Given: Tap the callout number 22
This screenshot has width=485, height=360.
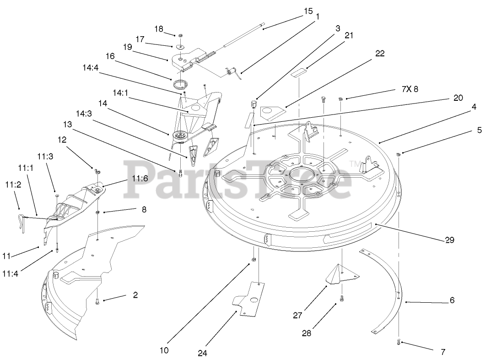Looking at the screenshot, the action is coord(380,54).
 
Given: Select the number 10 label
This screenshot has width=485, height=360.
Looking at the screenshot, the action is coord(164,350).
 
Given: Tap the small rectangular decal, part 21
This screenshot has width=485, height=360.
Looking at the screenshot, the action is coord(300,72).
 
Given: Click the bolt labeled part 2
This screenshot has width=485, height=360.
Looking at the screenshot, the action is coord(97,301).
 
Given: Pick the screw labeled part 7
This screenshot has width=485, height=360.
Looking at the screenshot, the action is coord(398,342).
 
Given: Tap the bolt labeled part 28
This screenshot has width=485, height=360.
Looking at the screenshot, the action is coord(341,300).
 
